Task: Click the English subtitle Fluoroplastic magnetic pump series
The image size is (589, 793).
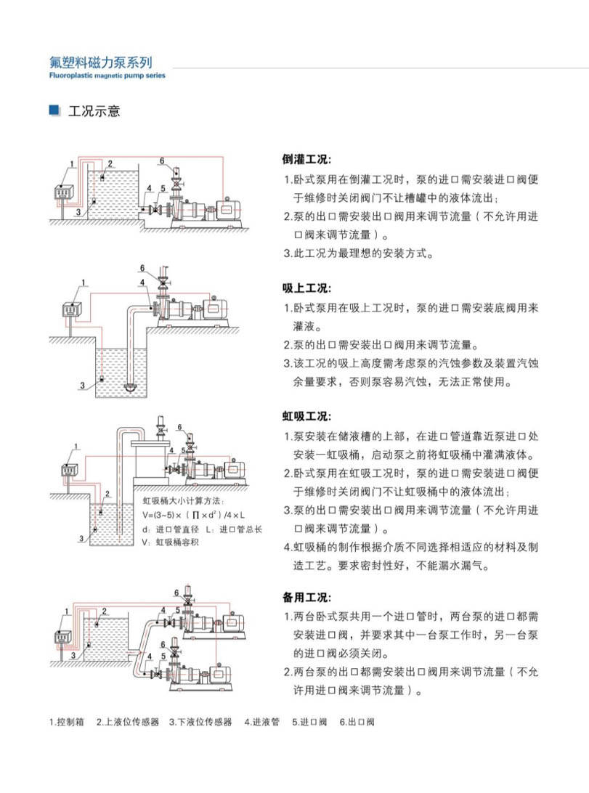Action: [x=107, y=76]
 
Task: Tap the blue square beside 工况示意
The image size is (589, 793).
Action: [x=53, y=110]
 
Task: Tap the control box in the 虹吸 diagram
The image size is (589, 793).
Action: [x=70, y=469]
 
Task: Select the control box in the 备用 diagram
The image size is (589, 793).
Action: [x=63, y=637]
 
